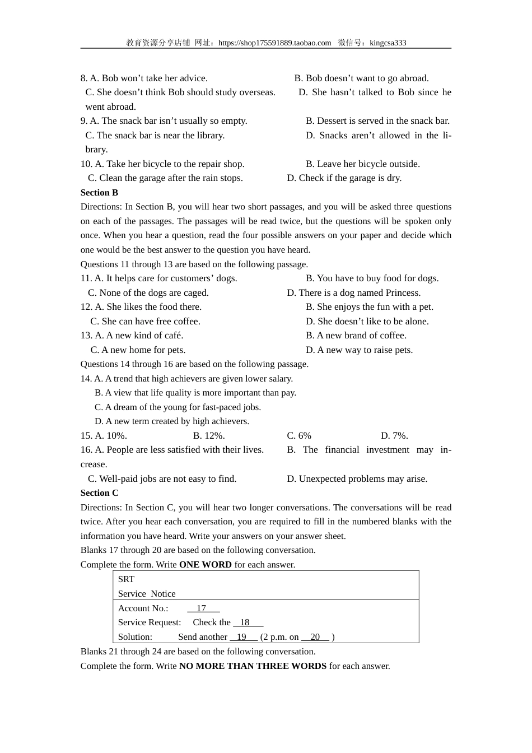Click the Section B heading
pos(99,192)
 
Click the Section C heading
pos(99,492)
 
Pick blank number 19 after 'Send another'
pos(243,636)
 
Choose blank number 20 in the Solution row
pos(315,636)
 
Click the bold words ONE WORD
pos(205,564)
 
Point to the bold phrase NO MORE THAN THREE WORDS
pos(253,666)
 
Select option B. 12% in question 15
pos(209,435)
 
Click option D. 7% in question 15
pos(394,435)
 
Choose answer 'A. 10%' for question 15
pos(111,435)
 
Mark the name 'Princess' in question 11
pos(401,292)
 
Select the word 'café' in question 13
pos(172,335)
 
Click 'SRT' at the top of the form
pos(126,579)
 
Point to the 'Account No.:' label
pos(143,608)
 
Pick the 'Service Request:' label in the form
pos(150,622)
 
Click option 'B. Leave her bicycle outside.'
pos(362,164)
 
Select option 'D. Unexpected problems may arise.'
pos(357,478)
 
